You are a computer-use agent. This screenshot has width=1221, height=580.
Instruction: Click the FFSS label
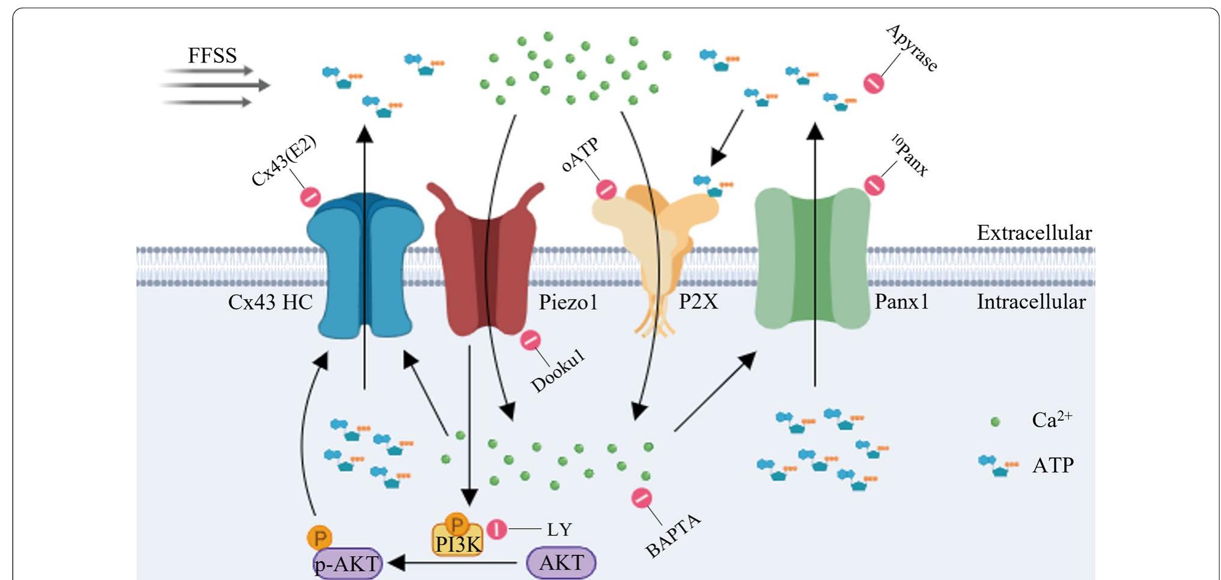click(212, 56)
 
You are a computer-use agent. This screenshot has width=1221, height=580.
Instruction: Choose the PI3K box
click(457, 543)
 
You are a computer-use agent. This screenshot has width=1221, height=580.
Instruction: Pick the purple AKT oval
click(561, 563)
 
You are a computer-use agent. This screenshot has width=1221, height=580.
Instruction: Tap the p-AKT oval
click(347, 564)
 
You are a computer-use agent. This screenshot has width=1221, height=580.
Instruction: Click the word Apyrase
click(912, 48)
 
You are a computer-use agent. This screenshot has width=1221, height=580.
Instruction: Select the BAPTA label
click(673, 536)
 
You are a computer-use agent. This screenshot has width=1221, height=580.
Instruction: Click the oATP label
click(580, 154)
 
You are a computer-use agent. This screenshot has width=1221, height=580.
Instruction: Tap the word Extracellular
click(1034, 233)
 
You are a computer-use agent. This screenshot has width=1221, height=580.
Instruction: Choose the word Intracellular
click(1031, 302)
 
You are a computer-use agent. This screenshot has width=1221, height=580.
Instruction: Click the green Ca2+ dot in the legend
click(995, 422)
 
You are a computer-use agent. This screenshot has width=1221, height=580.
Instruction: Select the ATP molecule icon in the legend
click(998, 465)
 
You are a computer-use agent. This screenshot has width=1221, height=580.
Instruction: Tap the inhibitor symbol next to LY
click(497, 530)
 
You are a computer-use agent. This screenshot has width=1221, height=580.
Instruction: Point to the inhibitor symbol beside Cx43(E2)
click(310, 197)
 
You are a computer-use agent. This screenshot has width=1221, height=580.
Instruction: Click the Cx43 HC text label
click(270, 302)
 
